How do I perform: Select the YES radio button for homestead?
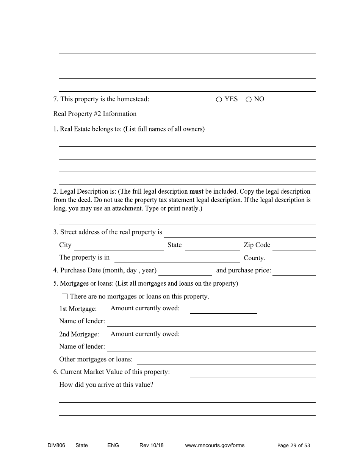click(x=219, y=100)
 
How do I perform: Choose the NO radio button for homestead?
click(x=249, y=100)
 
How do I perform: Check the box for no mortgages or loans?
click(x=64, y=297)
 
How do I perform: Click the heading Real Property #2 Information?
click(x=95, y=114)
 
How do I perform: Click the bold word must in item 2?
click(x=196, y=192)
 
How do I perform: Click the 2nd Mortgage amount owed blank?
click(x=223, y=335)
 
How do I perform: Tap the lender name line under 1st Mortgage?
click(x=211, y=322)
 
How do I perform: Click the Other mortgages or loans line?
click(x=226, y=360)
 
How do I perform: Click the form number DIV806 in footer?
click(x=54, y=446)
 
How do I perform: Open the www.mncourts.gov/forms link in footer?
click(x=214, y=446)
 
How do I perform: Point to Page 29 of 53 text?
click(x=294, y=446)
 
